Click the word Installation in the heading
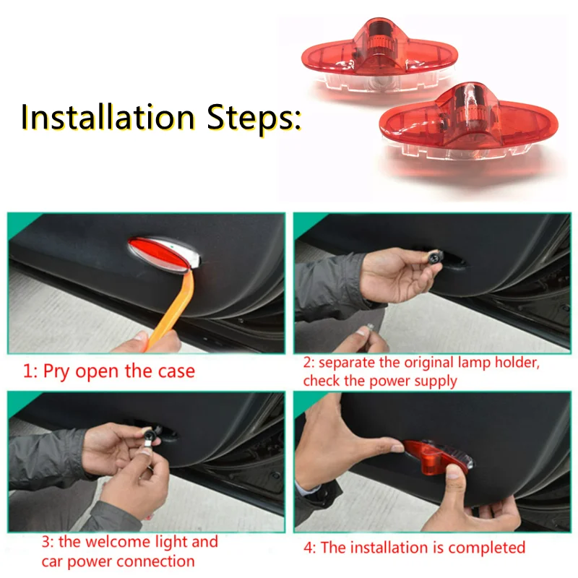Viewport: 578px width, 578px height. click(108, 117)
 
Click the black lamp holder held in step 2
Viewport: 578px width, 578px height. click(436, 257)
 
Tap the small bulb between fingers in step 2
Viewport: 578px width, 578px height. click(369, 327)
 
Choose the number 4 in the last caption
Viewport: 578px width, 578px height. click(309, 548)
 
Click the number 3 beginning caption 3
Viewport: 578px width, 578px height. click(46, 543)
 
